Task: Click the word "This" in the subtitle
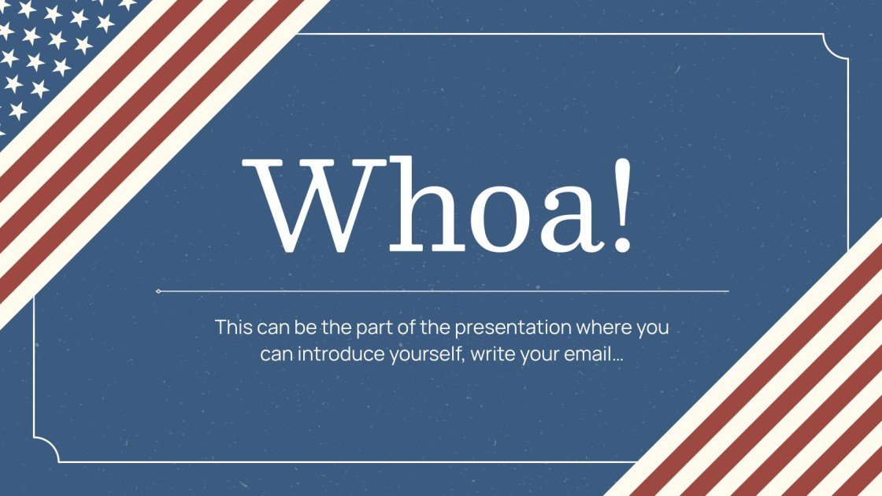[233, 327]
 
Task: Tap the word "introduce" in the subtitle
[341, 353]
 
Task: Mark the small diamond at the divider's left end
[158, 291]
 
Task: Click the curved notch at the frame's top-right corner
[836, 46]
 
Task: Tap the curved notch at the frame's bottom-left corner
[46, 450]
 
